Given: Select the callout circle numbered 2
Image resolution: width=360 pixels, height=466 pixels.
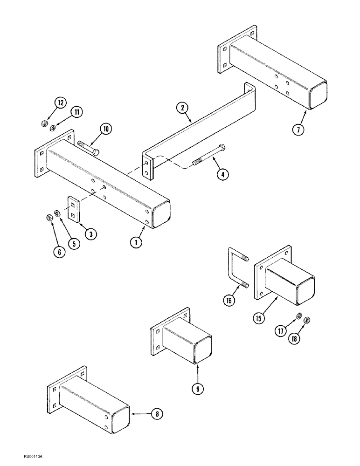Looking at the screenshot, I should (183, 108).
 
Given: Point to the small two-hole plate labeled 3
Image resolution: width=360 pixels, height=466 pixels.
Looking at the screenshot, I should (74, 207).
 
